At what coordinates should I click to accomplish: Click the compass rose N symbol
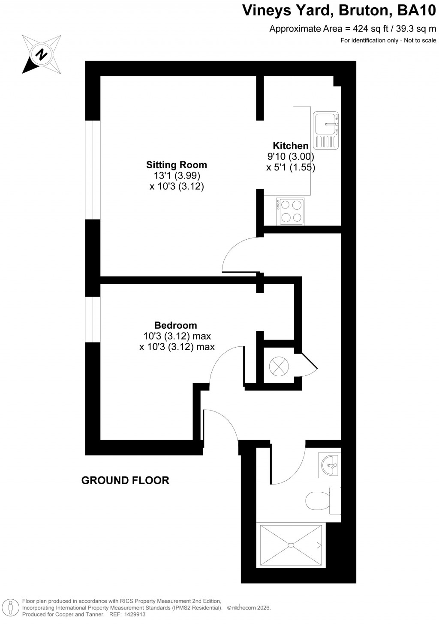click(42, 54)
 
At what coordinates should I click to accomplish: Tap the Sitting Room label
click(177, 165)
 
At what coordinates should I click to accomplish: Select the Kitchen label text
click(291, 146)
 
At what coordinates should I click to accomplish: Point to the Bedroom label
click(176, 325)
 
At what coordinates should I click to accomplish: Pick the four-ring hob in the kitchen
click(291, 211)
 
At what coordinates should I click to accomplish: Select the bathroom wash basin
click(330, 464)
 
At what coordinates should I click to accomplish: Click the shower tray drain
click(291, 545)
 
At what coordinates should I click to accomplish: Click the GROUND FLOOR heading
click(125, 480)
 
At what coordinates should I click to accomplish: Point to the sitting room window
click(92, 170)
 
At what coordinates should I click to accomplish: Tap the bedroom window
click(92, 319)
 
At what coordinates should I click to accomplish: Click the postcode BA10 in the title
click(415, 10)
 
